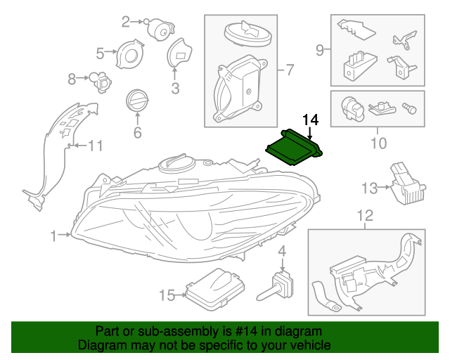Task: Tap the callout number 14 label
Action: coord(310,120)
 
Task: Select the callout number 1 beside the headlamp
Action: coord(53,237)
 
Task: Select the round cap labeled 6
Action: coord(136,101)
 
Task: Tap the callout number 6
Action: coord(137,132)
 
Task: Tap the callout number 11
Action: coord(95,146)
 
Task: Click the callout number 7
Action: coord(288,70)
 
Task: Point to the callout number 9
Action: coord(319,50)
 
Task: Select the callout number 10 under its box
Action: coord(378,143)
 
